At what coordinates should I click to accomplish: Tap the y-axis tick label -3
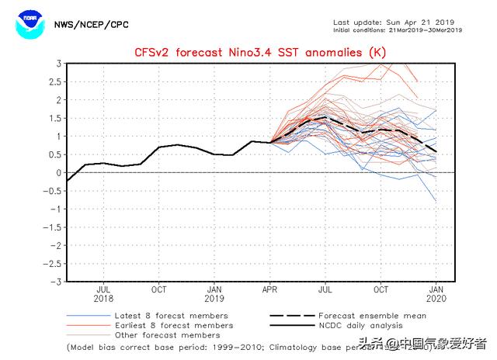click(57, 282)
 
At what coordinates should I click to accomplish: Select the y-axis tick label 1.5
click(56, 118)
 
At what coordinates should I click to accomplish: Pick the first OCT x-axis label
click(159, 289)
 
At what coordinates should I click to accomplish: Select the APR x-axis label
click(270, 289)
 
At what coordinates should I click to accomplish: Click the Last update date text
click(397, 22)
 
